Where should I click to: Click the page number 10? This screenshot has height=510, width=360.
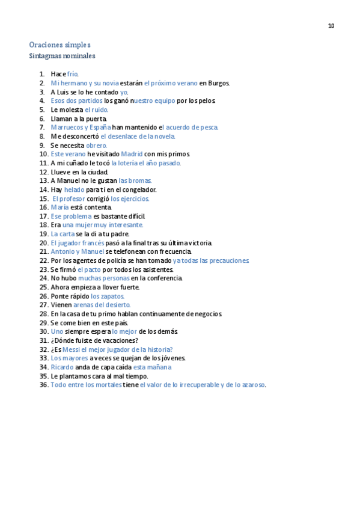point(331,26)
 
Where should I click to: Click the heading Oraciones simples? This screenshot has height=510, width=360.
point(59,45)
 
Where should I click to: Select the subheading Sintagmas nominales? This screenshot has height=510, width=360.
point(62,57)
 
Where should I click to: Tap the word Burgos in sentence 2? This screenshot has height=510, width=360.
point(219,83)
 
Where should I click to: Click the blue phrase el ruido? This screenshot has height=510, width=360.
point(96,110)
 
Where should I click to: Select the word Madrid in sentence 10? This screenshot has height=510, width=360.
point(132,154)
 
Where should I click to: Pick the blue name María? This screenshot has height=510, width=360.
point(59,207)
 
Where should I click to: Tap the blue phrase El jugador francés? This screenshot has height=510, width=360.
point(78,243)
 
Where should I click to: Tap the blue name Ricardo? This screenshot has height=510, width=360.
point(62,367)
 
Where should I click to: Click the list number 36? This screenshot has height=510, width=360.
point(44,385)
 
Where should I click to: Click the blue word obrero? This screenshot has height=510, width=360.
point(96,146)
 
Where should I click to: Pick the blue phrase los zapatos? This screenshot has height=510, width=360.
point(108,296)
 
